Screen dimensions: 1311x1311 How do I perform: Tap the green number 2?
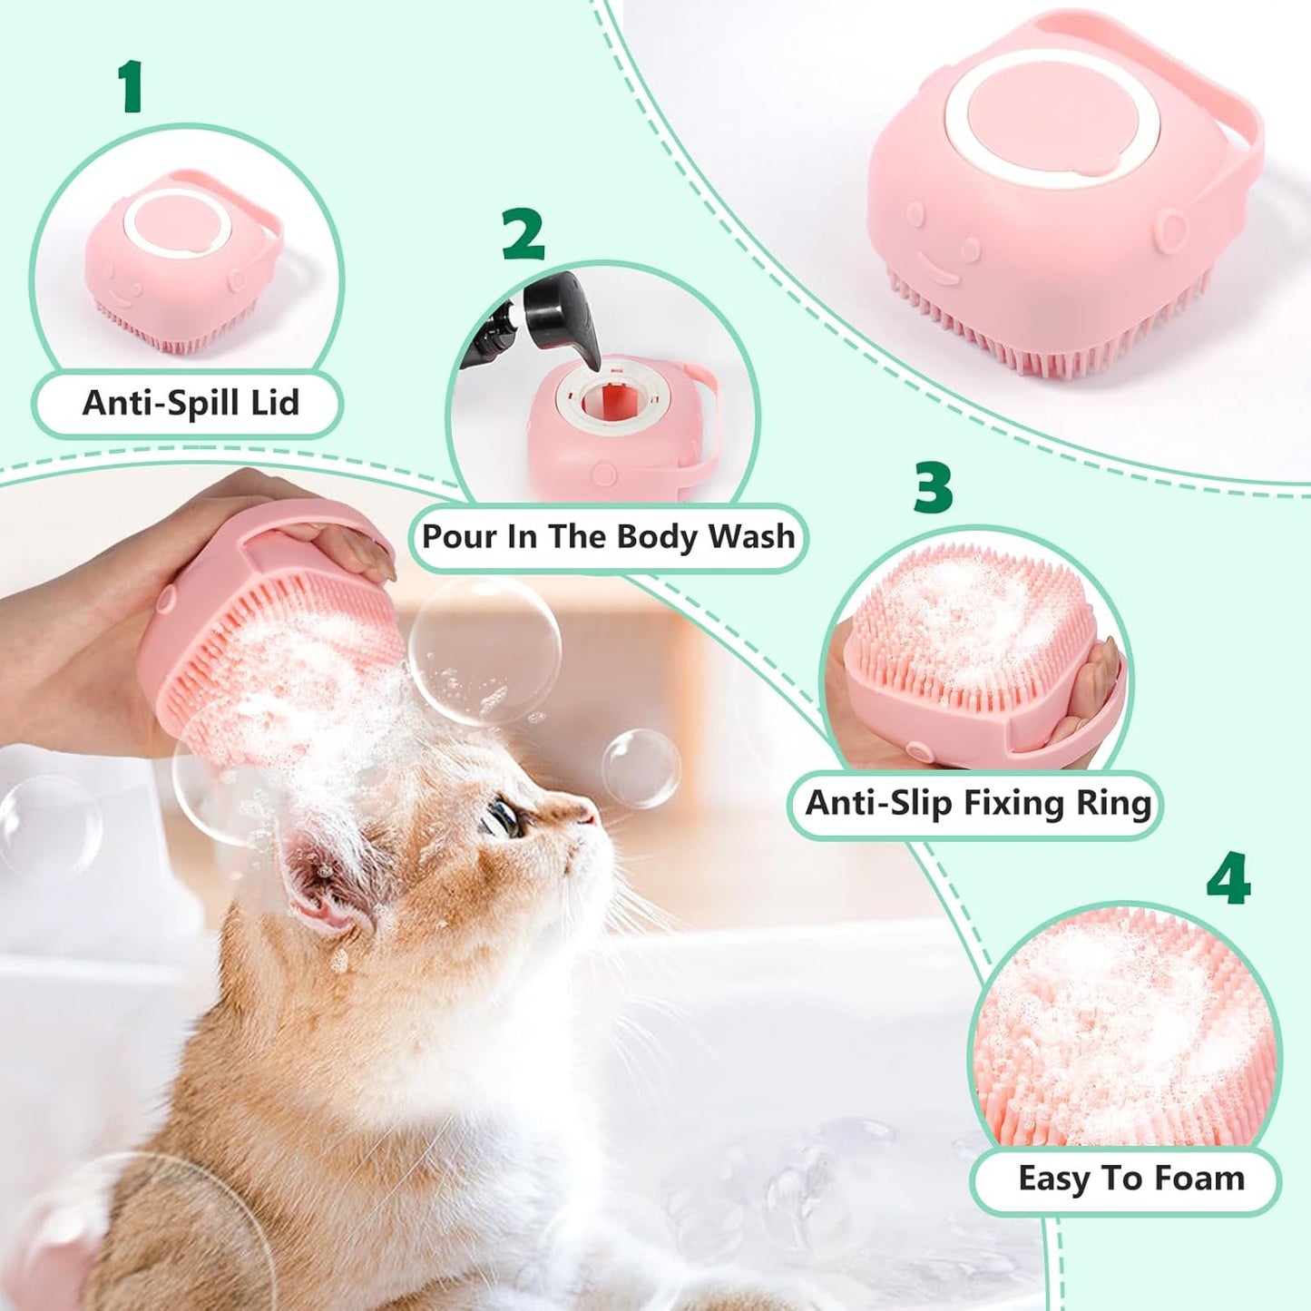(523, 234)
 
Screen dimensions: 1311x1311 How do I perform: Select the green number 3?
(933, 487)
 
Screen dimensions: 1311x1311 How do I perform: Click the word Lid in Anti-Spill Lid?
(275, 403)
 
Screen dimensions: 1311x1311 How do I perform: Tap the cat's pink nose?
(588, 814)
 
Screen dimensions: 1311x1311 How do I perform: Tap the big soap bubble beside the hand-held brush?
(484, 650)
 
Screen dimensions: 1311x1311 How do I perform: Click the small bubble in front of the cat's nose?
(641, 768)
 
